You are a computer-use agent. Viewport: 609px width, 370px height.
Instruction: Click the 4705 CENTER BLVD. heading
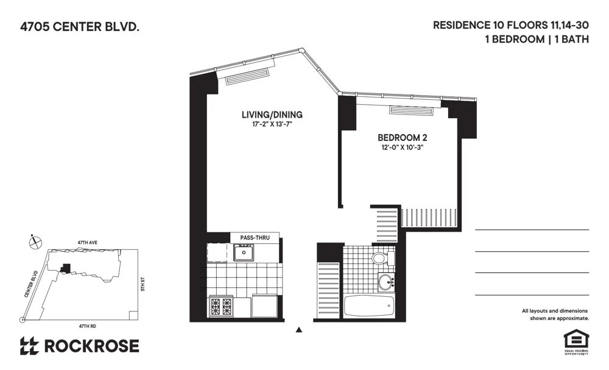(76, 27)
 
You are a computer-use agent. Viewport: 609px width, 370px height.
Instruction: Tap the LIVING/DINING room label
(272, 115)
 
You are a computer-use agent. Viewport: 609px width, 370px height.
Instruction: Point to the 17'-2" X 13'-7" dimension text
(272, 124)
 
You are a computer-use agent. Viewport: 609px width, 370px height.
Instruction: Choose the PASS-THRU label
(255, 238)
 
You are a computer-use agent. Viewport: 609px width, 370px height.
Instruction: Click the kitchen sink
(244, 252)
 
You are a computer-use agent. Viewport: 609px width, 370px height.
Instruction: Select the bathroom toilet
(379, 258)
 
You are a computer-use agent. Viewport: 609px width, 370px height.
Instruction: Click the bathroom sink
(385, 282)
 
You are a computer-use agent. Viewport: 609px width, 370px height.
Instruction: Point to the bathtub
(370, 306)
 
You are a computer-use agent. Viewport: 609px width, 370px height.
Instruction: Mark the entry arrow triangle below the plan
(298, 330)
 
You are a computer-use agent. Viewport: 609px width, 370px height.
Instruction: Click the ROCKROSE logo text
(91, 346)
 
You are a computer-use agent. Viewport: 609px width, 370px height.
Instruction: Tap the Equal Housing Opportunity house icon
(573, 339)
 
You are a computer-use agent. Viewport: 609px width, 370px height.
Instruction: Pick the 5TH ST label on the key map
(143, 284)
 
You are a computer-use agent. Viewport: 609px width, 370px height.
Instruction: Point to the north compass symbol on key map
(35, 241)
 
